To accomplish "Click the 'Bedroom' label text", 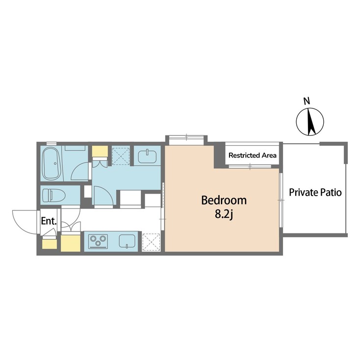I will click(x=224, y=200).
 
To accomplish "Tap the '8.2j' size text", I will click(x=224, y=215).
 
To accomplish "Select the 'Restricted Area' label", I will click(x=253, y=155).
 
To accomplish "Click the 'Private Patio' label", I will click(x=315, y=192).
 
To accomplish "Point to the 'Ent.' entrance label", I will click(x=49, y=221).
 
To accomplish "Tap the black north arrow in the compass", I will click(x=309, y=122).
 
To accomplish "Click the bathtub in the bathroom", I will click(x=51, y=164).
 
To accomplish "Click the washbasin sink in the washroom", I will click(x=147, y=156).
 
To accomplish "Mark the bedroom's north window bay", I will click(x=185, y=140).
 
